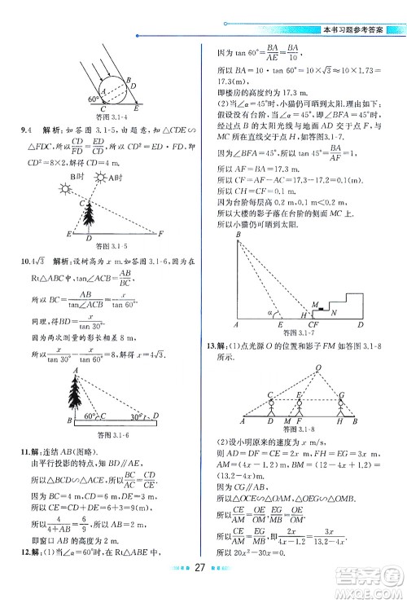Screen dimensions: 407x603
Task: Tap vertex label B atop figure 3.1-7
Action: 238,236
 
